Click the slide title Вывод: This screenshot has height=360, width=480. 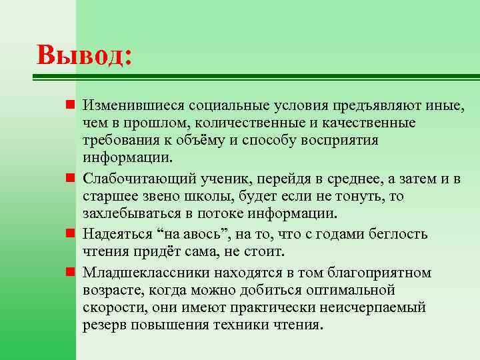pyautogui.click(x=85, y=55)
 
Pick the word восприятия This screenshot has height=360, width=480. pyautogui.click(x=340, y=141)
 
